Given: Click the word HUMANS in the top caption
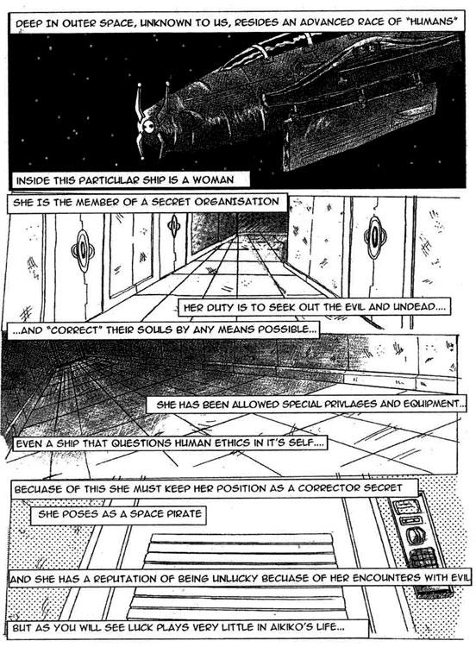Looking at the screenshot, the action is (430, 22).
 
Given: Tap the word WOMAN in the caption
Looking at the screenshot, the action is (213, 180).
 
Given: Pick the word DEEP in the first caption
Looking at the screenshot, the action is (28, 23).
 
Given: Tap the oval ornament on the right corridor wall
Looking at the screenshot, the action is (375, 237).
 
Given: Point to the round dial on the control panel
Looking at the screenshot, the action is (413, 536).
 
